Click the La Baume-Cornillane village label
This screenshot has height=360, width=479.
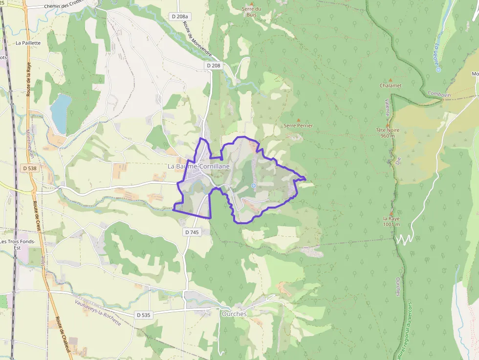click(198, 166)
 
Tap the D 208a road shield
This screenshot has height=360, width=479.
click(179, 17)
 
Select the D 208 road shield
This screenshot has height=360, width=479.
click(214, 65)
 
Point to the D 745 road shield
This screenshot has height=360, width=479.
click(193, 233)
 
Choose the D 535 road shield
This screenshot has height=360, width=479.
click(143, 315)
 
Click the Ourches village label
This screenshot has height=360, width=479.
click(234, 314)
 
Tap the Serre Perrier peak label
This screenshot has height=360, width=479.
click(298, 126)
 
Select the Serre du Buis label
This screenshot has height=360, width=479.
click(252, 12)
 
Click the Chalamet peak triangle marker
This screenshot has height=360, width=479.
click(390, 80)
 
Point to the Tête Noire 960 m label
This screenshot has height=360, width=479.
click(388, 133)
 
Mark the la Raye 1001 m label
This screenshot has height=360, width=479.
click(392, 221)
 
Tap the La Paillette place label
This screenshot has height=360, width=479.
click(28, 43)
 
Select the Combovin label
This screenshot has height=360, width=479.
click(438, 94)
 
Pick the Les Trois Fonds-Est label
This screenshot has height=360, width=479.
click(18, 244)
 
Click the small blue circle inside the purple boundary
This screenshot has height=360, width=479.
click(253, 186)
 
